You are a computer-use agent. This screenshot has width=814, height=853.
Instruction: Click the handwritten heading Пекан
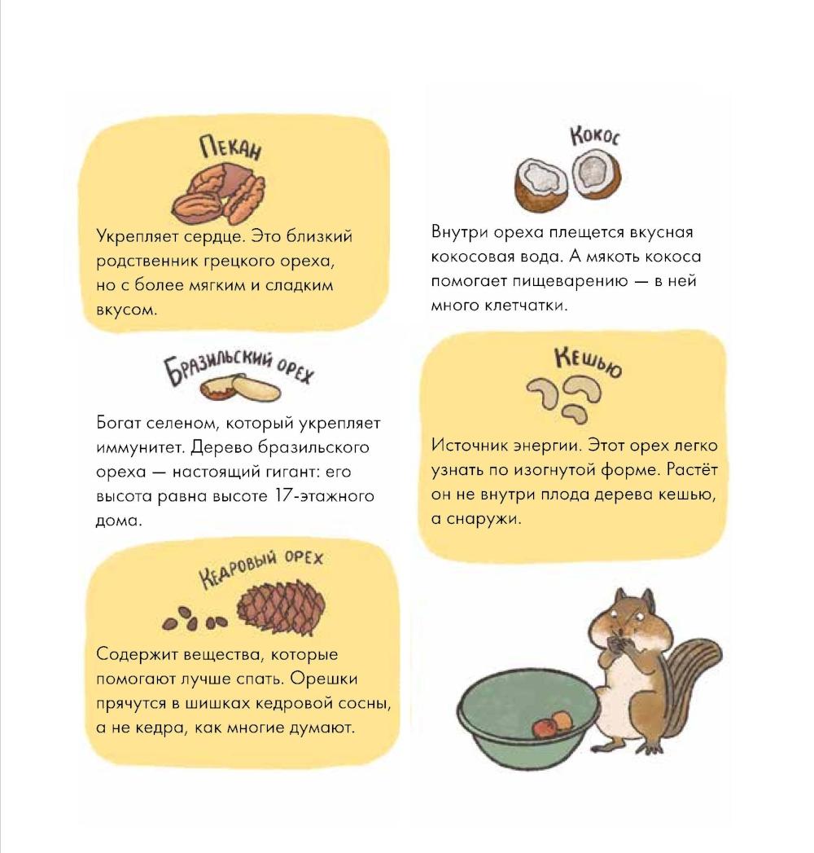click(x=230, y=147)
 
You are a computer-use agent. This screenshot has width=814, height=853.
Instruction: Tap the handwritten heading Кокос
click(x=594, y=136)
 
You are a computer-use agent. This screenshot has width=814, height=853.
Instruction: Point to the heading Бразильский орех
click(x=239, y=367)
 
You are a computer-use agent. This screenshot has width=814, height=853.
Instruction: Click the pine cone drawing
click(x=281, y=608)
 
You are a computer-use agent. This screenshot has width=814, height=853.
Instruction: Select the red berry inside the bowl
click(x=544, y=727)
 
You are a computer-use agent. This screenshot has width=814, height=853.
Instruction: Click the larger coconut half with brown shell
click(x=542, y=185)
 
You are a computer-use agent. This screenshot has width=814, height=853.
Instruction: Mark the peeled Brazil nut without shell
click(x=256, y=388)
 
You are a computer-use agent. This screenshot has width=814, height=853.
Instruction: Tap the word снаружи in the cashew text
click(x=483, y=519)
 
